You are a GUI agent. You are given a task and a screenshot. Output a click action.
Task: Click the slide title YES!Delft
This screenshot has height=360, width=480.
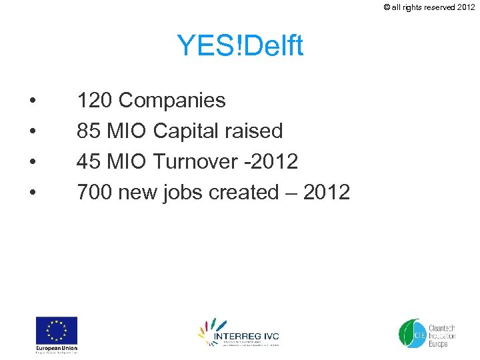(x=240, y=46)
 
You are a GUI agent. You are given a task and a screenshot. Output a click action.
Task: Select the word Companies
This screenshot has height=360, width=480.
(x=172, y=101)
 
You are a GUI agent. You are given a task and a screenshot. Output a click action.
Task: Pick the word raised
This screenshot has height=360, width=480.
(x=257, y=131)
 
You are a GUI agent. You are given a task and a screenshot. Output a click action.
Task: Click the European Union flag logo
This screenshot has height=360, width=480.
(x=57, y=330)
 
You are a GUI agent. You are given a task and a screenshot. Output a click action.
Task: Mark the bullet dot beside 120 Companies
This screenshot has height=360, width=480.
(x=32, y=101)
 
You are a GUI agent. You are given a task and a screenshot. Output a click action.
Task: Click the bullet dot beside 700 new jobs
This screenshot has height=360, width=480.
(x=32, y=193)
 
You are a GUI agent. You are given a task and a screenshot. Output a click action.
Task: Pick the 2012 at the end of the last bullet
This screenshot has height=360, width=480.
(x=326, y=193)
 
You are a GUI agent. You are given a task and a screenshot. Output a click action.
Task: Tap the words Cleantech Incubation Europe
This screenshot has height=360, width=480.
(x=441, y=332)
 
